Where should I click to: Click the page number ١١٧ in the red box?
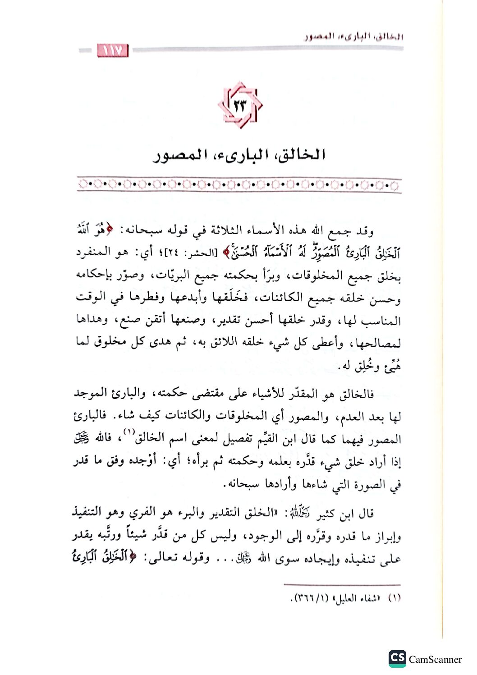tap(113, 51)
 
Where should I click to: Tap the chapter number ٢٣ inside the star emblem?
tap(240, 106)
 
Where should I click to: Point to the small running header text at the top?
tap(353, 36)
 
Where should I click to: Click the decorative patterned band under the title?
tap(239, 184)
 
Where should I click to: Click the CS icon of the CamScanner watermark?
tap(397, 659)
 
